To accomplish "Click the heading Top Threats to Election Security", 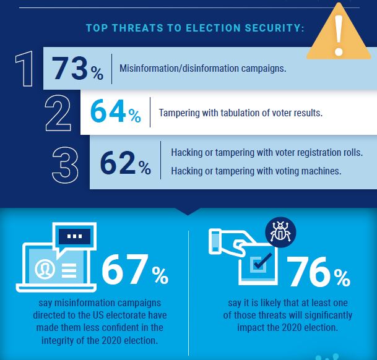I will (x=194, y=28).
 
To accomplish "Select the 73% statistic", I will (x=77, y=69).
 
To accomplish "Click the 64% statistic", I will (x=116, y=113).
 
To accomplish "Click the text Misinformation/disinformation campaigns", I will (x=203, y=69).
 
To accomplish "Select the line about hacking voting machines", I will (x=256, y=171).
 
